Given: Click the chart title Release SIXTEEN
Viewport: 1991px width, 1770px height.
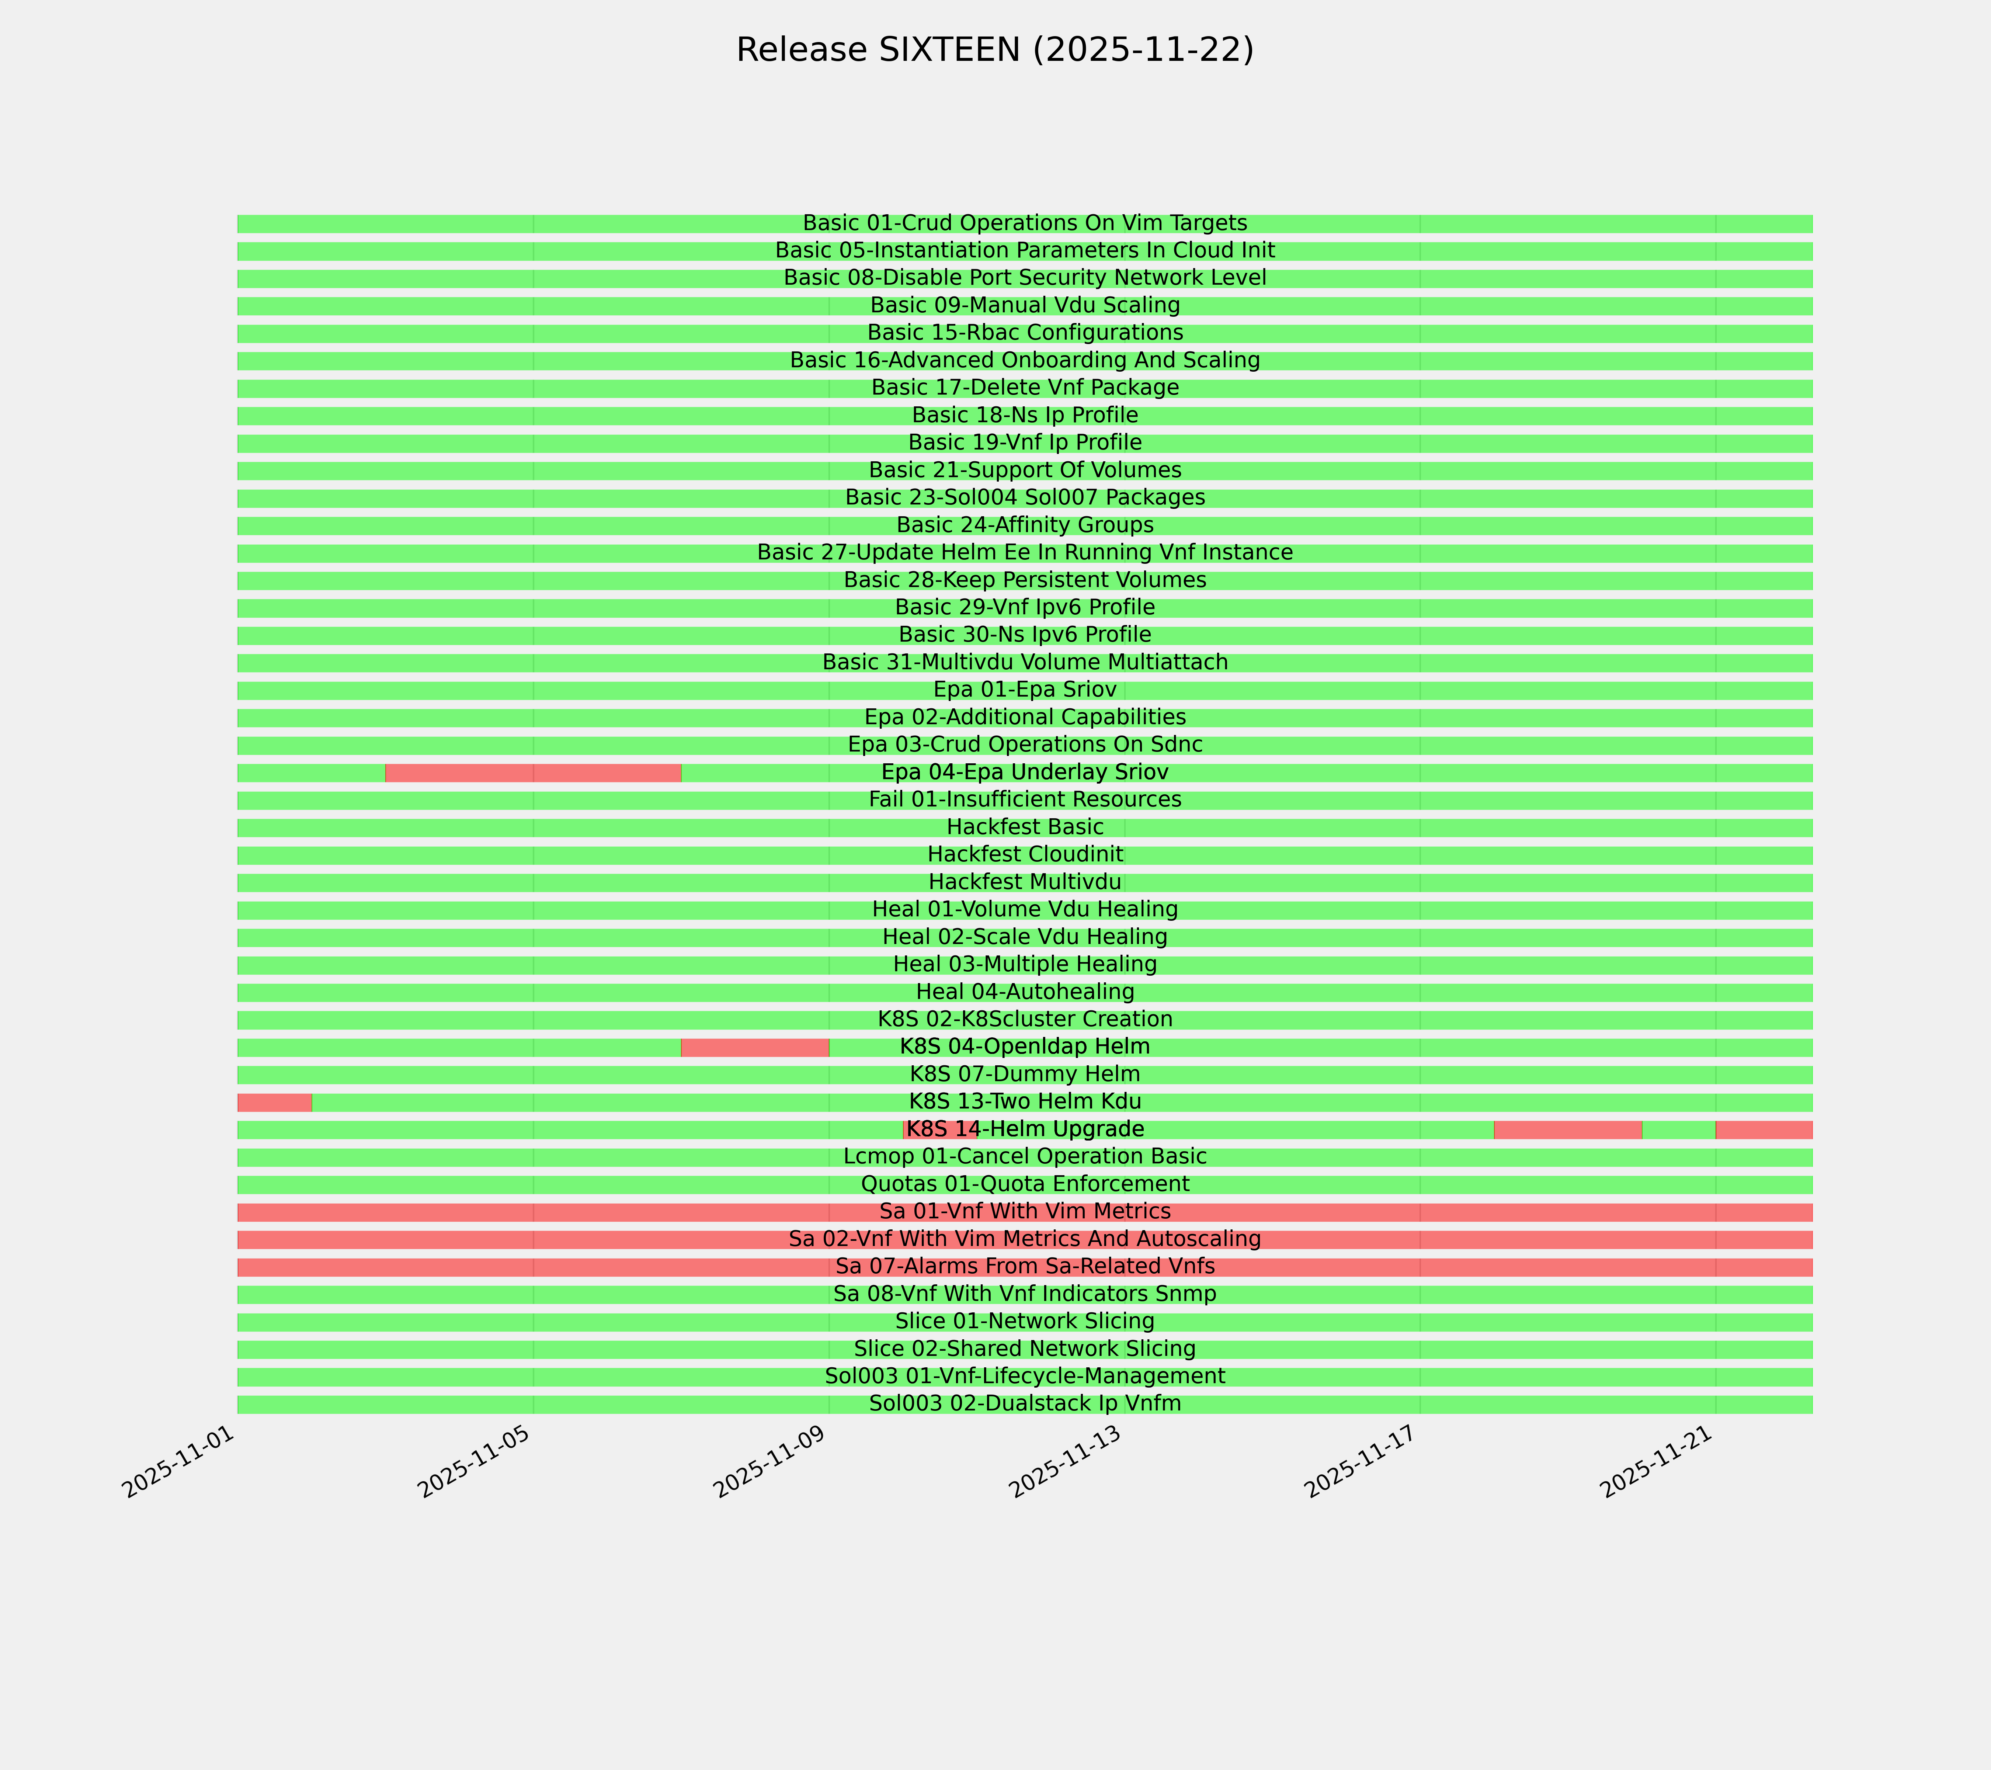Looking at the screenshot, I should pos(994,50).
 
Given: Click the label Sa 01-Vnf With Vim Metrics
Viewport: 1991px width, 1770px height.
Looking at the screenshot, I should pos(1025,1212).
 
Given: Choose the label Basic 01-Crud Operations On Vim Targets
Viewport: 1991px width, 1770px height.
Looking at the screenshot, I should pos(1025,223).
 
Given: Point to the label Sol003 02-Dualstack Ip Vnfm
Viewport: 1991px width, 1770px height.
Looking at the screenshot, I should pos(1025,1404).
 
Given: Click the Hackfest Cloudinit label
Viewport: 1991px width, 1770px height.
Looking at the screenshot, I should pos(1025,854).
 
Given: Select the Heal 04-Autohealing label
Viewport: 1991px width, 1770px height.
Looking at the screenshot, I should pos(1025,992).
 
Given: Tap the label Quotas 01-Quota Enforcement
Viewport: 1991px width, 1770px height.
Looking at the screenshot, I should pos(1025,1184).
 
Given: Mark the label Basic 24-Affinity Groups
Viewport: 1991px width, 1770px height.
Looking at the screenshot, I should pos(1025,525).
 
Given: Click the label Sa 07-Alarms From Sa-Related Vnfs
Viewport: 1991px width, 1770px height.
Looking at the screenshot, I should pos(1025,1266).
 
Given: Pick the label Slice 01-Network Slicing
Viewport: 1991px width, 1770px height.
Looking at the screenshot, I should pos(1025,1322).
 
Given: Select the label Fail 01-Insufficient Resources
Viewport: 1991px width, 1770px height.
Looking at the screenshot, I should pos(1025,800).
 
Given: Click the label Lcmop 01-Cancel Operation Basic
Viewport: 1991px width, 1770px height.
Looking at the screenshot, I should pos(1025,1156).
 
